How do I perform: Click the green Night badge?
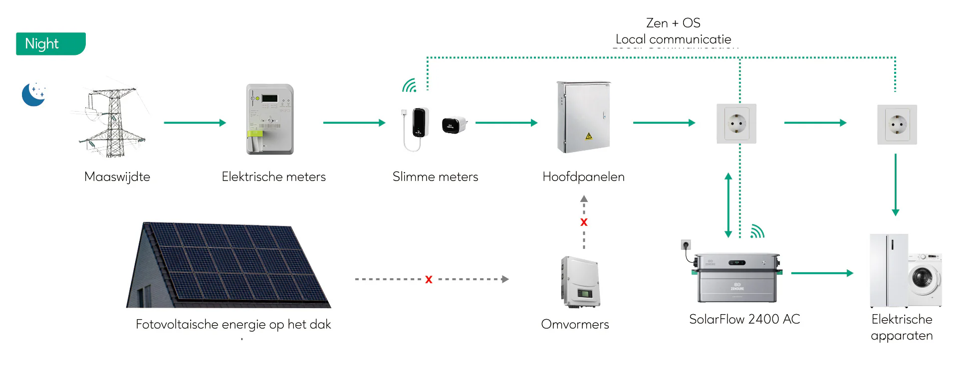point(50,44)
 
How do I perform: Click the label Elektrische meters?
point(273,177)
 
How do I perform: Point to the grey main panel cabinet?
point(583,117)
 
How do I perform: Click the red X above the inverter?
point(584,222)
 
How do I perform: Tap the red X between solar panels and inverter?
point(429,280)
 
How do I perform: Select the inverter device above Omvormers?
point(580,282)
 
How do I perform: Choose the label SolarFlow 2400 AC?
point(744,319)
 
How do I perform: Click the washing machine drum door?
point(922,277)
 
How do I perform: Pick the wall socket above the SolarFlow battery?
point(736,124)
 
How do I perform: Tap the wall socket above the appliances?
point(897,125)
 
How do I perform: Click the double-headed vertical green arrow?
point(728,205)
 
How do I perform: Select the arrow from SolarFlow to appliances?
point(822,273)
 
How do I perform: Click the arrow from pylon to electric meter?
point(195,123)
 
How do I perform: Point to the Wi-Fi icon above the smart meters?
point(410,86)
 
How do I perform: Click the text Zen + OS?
point(673,23)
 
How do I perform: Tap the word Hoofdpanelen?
point(583,177)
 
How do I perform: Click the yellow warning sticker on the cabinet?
point(589,136)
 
